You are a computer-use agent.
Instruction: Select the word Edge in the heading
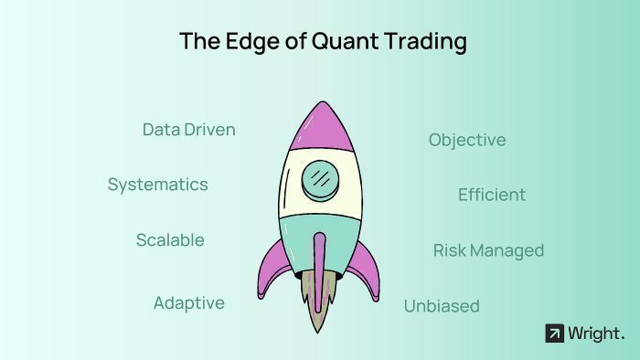pyautogui.click(x=240, y=41)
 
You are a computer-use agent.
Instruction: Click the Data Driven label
pyautogui.click(x=188, y=130)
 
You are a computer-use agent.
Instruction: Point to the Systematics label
pyautogui.click(x=157, y=185)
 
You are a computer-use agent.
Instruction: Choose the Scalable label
pyautogui.click(x=170, y=240)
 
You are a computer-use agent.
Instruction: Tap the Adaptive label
pyautogui.click(x=188, y=303)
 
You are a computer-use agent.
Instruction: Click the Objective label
pyautogui.click(x=467, y=140)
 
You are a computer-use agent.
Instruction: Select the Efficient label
pyautogui.click(x=492, y=195)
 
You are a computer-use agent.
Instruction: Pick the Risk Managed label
pyautogui.click(x=488, y=250)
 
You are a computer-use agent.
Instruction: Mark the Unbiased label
pyautogui.click(x=442, y=306)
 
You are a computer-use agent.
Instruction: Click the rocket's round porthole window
pyautogui.click(x=319, y=176)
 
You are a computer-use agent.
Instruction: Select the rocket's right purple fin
pyautogui.click(x=366, y=269)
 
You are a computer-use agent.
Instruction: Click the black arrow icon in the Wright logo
pyautogui.click(x=554, y=334)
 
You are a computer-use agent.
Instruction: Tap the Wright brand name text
pyautogui.click(x=595, y=334)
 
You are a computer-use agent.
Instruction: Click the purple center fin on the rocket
pyautogui.click(x=319, y=260)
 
